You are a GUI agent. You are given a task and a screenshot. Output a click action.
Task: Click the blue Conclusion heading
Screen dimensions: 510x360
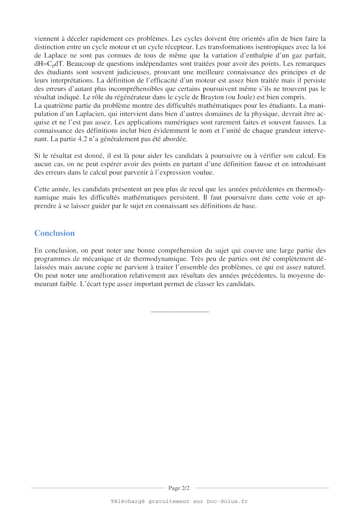54,233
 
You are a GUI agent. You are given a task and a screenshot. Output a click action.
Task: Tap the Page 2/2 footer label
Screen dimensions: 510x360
179,488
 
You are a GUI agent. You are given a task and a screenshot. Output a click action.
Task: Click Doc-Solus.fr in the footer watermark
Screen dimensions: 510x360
227,501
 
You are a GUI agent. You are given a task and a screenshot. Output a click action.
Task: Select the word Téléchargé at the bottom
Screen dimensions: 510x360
128,501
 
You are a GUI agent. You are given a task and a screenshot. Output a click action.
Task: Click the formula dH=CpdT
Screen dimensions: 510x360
49,64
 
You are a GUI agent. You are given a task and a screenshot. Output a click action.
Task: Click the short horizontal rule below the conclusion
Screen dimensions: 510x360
180,312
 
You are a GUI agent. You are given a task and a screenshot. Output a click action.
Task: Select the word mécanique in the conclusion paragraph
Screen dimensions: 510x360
96,259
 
